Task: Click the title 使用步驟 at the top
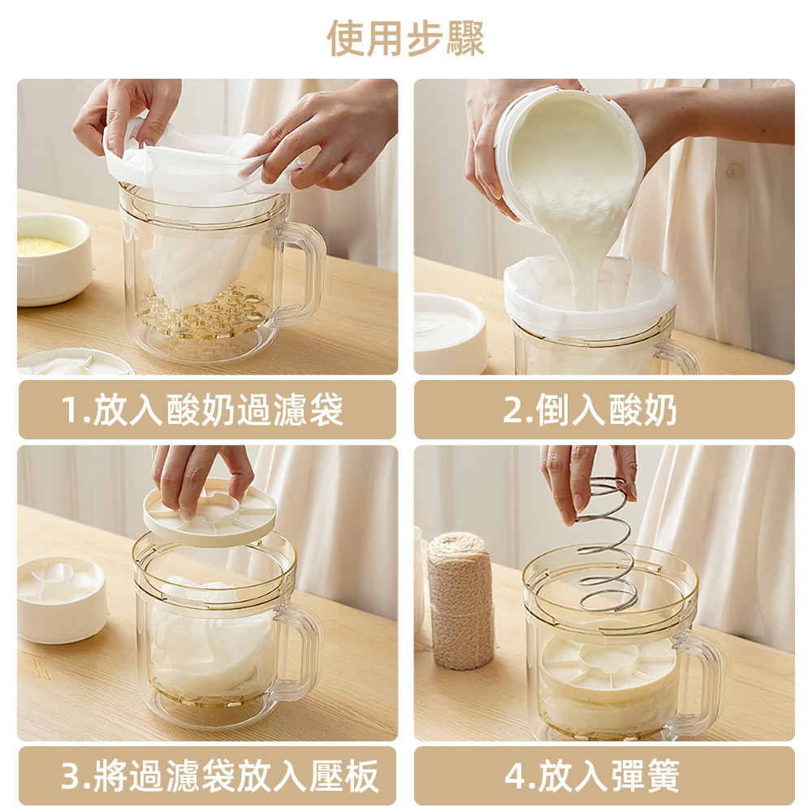coord(406,38)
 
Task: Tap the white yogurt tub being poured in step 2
coord(568,154)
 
